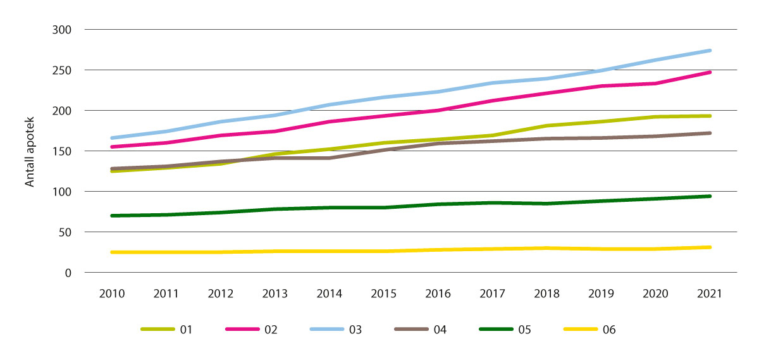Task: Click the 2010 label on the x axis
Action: pos(112,294)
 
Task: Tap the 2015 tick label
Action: pos(383,294)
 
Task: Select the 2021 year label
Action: pos(709,294)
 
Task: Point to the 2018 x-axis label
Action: pos(546,294)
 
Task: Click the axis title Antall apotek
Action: pos(30,151)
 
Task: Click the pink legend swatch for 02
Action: pos(242,330)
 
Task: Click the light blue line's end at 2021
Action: pos(710,51)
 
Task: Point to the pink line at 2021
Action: pos(710,72)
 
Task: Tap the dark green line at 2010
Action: pos(113,216)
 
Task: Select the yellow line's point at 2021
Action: pos(710,247)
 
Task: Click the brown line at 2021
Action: pos(710,133)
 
